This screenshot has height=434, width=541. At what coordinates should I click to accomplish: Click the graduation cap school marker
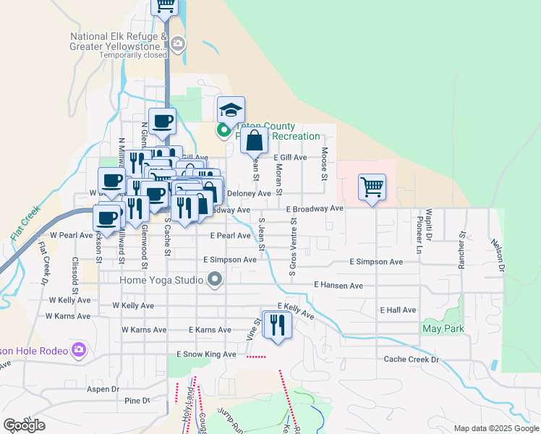[x=231, y=110]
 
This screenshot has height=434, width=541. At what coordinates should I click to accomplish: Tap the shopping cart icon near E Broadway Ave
[x=372, y=187]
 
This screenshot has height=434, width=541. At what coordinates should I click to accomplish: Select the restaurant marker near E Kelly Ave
[x=276, y=325]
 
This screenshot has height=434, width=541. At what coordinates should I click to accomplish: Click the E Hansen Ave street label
[x=338, y=286]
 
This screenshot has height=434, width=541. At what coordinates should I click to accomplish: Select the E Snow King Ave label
[x=207, y=354]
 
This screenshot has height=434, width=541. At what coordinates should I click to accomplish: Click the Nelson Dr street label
[x=496, y=256]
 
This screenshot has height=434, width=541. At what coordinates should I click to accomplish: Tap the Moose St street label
[x=325, y=164]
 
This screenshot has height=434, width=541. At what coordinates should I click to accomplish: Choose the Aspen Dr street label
[x=103, y=389]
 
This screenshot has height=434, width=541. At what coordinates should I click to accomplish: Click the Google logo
[x=25, y=425]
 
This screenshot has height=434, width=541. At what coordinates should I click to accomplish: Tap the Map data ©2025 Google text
[x=496, y=428]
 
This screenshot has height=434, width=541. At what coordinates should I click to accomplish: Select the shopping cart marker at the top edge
[x=165, y=7]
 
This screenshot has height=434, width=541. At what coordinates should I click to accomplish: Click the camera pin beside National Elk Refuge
[x=178, y=45]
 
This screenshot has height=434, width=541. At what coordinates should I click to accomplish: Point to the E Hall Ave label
[x=399, y=310]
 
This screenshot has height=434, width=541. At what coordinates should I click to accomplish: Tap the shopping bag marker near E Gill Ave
[x=254, y=140]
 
